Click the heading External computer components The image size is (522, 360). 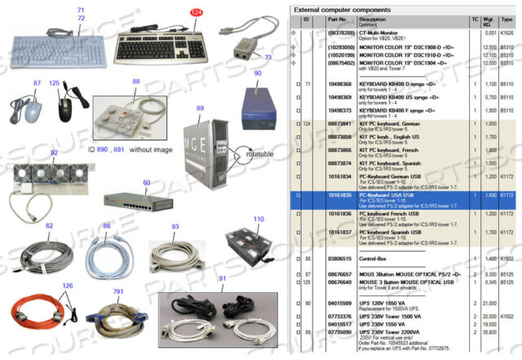(x=347, y=9)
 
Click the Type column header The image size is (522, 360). (x=507, y=19)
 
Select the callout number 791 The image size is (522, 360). (x=119, y=291)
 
